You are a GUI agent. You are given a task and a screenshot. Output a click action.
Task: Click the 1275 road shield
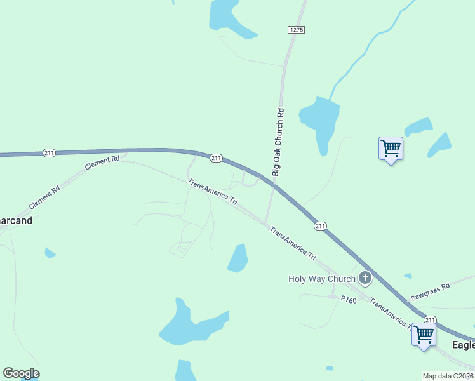(296, 30)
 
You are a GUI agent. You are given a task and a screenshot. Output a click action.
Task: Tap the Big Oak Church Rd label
(278, 142)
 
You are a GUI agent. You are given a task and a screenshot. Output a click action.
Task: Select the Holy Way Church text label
(322, 278)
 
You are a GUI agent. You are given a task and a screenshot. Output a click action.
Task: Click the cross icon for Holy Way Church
(365, 277)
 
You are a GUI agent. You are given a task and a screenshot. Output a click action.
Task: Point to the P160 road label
(349, 299)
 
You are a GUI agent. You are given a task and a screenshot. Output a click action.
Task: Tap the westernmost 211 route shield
(49, 152)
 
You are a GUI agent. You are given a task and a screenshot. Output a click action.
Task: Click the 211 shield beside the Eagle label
(431, 319)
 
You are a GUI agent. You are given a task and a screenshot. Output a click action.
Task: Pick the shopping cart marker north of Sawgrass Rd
(391, 149)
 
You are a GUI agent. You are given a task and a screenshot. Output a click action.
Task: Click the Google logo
(21, 373)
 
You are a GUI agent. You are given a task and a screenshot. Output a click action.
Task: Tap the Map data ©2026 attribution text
(448, 376)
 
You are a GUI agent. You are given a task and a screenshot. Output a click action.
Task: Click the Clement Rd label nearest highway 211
(102, 163)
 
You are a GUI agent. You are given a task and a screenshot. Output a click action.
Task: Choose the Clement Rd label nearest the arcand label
(44, 198)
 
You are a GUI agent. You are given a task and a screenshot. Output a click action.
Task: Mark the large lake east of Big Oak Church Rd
(319, 120)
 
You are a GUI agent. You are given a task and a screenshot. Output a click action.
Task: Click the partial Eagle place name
(463, 345)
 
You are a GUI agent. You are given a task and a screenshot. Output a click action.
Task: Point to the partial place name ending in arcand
(15, 221)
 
